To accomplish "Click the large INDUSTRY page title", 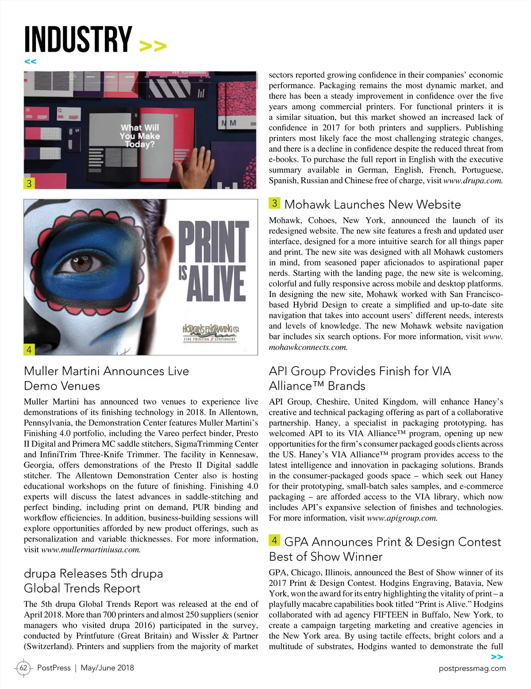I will coord(78,39).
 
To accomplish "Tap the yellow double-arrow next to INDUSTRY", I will coord(153,46).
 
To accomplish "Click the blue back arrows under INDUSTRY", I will coord(30,61).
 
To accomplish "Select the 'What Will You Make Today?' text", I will coord(139,136).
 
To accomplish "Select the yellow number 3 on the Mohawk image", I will coord(29,183).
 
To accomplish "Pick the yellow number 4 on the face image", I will coord(29,349).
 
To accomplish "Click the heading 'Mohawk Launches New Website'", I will coord(372,204).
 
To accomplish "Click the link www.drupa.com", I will coord(473,180).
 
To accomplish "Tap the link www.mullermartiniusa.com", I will coord(91,550).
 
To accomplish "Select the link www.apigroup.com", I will coord(402,518).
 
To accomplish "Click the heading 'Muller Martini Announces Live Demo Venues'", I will coord(106,378).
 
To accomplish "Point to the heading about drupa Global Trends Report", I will coord(93,581).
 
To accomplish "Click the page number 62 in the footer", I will coord(23,668).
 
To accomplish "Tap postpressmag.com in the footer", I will coord(472,668).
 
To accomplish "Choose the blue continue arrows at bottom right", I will coord(497,657).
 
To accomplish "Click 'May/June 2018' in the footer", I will coord(107,668).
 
